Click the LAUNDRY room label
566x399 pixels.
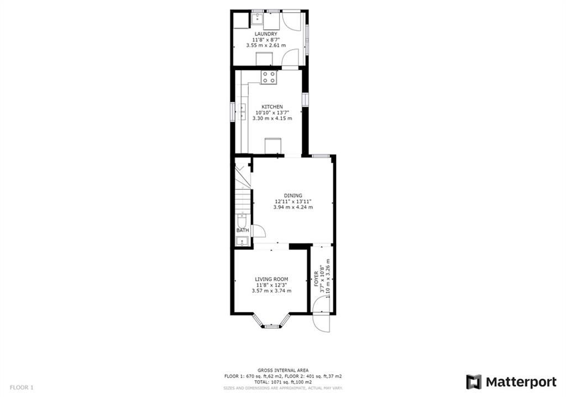point(266,34)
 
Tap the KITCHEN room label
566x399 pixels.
point(272,107)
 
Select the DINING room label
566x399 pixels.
point(293,196)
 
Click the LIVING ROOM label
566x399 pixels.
point(271,279)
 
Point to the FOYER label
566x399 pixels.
point(317,279)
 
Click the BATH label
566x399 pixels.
point(243,230)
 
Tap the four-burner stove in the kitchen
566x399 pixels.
point(269,77)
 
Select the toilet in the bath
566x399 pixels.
point(242,221)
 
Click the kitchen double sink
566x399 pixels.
point(242,111)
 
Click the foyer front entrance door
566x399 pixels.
point(321,313)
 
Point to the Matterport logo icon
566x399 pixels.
point(474,382)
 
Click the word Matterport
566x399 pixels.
point(521,382)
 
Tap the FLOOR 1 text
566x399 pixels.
point(22,388)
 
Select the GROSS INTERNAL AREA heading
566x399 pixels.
point(283,370)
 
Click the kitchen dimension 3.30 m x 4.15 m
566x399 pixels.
point(272,118)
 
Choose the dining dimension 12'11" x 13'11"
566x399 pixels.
point(293,201)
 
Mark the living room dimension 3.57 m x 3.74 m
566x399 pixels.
point(271,290)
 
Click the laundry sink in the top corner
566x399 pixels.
point(257,18)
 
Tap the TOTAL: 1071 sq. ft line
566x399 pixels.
point(283,382)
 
